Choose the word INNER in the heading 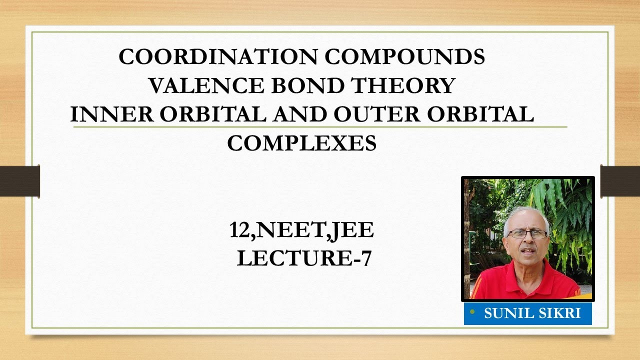(111, 115)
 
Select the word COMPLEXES (301, 144)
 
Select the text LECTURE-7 (304, 259)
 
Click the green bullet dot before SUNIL (472, 312)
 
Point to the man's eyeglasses (526, 233)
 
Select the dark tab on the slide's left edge (20, 181)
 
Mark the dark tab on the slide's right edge (620, 181)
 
